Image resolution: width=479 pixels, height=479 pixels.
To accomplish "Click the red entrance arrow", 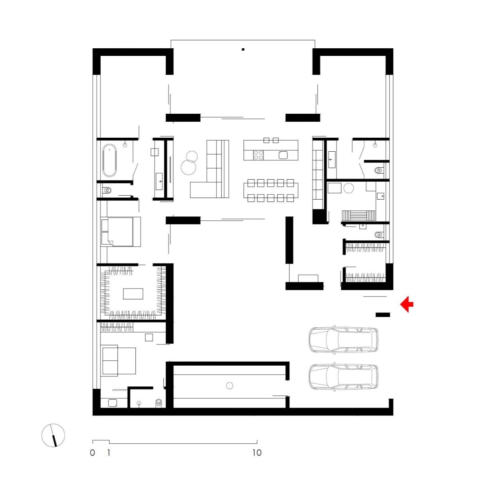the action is point(406,304).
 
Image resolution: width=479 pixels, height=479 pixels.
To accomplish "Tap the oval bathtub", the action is point(109,160).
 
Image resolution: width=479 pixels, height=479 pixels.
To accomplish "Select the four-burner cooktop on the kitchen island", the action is point(258,155).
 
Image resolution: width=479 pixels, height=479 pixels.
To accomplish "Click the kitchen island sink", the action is point(283,155).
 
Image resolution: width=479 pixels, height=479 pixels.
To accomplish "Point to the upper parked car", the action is point(343,339).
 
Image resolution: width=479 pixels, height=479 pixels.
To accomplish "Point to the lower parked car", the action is point(343,376).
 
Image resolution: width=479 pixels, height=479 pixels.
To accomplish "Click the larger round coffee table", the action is point(188,167).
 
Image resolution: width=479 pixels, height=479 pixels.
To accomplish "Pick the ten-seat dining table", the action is point(271,190).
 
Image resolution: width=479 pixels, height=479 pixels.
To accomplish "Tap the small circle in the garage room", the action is point(230,386).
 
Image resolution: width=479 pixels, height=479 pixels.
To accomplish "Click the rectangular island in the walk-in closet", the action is point(133,293).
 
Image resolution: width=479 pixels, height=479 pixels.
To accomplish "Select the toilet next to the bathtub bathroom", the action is point(107,190).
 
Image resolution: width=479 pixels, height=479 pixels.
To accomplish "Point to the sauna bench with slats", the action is point(358,215).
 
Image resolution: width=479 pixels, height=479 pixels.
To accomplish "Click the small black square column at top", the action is point(243,49).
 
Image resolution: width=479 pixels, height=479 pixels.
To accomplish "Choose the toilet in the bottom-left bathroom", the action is point(158,403).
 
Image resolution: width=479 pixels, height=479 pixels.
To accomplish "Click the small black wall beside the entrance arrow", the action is point(383,315).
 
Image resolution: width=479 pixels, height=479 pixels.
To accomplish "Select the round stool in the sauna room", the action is point(348,188).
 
